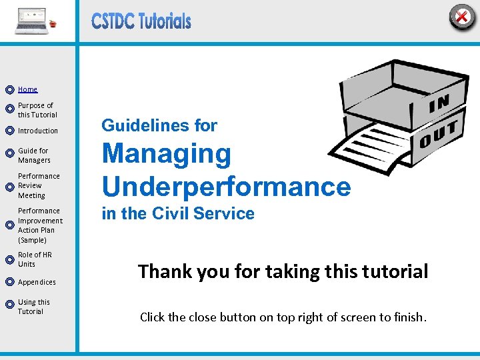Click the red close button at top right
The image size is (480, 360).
tap(461, 17)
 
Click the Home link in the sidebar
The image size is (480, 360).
tap(27, 89)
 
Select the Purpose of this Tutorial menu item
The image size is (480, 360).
tap(37, 110)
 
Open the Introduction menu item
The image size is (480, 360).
tap(38, 131)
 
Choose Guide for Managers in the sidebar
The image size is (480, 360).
tap(34, 155)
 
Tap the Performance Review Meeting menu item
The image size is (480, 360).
tap(39, 186)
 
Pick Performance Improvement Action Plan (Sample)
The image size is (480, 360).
tap(40, 225)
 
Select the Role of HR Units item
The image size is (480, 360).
tap(35, 259)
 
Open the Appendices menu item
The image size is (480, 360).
tap(37, 282)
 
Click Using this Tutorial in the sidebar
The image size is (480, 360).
tap(33, 307)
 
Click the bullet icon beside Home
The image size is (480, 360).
tap(9, 89)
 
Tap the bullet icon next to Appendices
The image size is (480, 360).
tap(9, 282)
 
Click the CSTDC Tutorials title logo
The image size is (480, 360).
tap(141, 21)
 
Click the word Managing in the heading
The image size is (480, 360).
tap(166, 154)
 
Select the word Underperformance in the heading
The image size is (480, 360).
tap(225, 187)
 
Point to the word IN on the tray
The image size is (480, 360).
tap(439, 103)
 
